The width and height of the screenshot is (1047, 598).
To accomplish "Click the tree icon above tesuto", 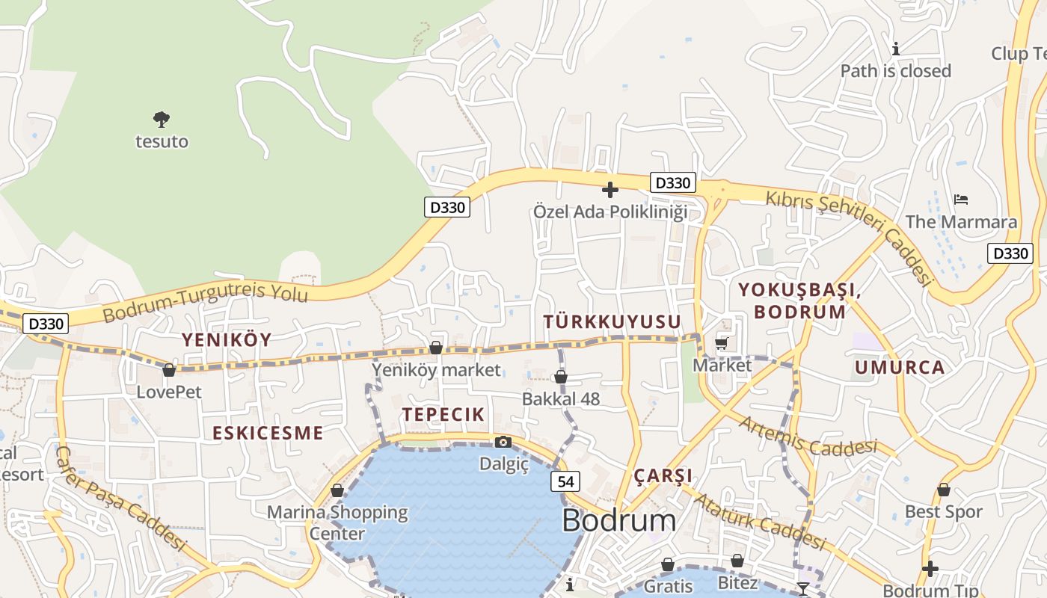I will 162,119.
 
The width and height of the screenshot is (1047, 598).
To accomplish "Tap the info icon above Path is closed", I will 896,49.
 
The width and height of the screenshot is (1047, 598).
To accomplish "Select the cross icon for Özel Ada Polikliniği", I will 610,190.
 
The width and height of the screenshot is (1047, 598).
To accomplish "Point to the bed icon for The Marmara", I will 961,200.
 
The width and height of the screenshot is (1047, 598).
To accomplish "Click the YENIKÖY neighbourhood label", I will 227,340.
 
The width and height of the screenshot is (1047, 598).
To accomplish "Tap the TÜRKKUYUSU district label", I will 612,322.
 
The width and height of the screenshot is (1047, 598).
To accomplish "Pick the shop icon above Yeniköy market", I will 436,348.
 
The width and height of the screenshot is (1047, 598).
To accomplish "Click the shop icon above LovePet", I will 169,370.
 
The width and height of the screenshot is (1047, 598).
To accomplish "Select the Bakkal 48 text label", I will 561,399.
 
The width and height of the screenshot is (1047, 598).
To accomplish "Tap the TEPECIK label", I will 443,415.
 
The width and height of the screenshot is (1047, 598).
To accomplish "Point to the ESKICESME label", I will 268,434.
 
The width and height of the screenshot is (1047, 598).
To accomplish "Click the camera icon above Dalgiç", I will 503,442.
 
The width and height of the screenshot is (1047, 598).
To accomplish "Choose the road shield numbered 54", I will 565,482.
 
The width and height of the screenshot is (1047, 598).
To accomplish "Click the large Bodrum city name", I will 618,521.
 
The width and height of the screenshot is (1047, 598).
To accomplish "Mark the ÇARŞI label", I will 663,476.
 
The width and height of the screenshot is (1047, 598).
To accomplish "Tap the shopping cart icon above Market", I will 722,343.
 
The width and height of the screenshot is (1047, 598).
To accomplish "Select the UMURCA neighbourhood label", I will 900,368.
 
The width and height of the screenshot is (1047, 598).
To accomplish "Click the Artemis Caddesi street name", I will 807,437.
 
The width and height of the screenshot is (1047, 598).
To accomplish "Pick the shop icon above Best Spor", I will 944,490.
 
